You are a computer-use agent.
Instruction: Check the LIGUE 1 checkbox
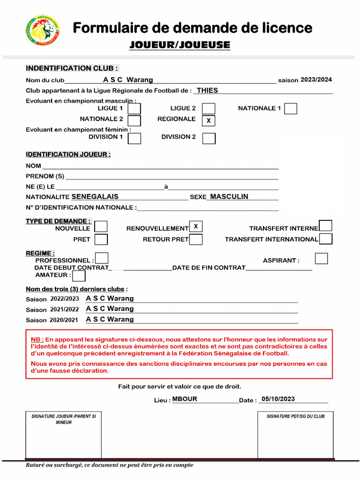tap(135, 109)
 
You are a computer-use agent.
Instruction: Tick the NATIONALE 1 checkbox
tap(291, 109)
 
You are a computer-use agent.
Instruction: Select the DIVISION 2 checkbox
tap(209, 138)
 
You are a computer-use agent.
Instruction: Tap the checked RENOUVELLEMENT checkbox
tap(196, 226)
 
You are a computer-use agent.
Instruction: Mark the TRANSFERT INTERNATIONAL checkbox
tap(326, 239)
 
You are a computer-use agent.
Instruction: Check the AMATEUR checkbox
tap(79, 276)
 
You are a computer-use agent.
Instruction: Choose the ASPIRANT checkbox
tap(321, 258)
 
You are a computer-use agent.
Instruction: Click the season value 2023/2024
tap(316, 80)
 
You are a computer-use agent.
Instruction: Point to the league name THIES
tap(207, 90)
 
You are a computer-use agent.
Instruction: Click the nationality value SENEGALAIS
tap(95, 196)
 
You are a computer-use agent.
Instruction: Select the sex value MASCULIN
tap(229, 196)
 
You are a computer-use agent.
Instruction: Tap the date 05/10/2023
tap(278, 399)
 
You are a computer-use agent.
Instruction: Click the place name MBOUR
tap(185, 399)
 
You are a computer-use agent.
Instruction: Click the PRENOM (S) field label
tap(45, 176)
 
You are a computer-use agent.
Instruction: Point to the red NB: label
tap(37, 339)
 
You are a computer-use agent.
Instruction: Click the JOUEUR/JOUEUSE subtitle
tap(180, 45)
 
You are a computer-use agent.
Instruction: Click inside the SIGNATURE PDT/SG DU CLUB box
tap(295, 438)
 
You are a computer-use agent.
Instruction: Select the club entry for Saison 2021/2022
tap(110, 308)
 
